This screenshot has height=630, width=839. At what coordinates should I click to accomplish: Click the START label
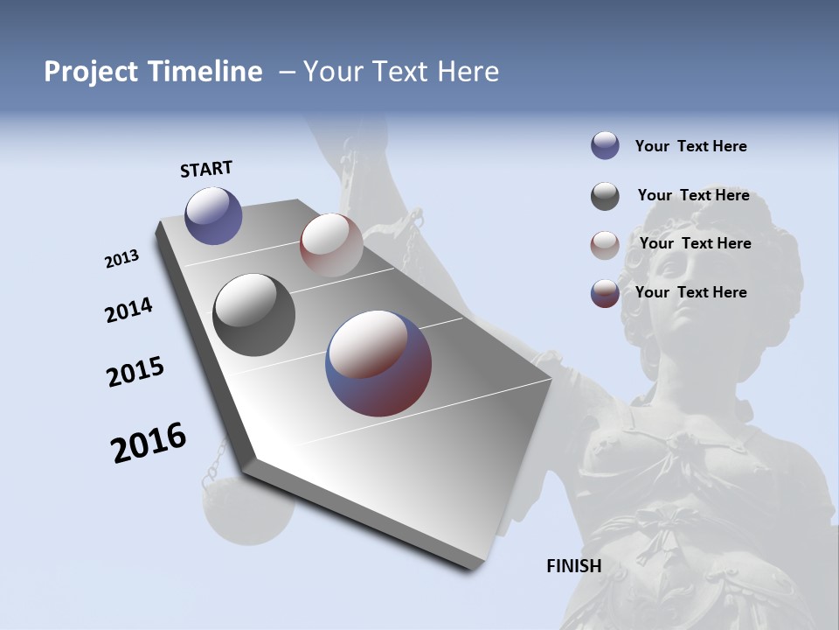tap(206, 169)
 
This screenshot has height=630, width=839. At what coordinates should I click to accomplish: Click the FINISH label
tap(573, 566)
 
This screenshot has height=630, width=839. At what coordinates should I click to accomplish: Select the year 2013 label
tap(121, 259)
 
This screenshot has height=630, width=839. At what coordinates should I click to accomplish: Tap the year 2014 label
tap(128, 311)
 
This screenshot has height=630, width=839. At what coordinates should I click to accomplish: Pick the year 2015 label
tap(135, 372)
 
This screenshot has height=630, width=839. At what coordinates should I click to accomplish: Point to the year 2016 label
tap(149, 443)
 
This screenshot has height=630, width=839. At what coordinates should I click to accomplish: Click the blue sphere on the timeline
tap(213, 215)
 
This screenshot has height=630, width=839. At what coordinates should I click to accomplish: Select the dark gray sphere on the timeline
tap(253, 315)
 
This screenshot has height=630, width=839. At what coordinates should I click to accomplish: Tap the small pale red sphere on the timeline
tap(331, 244)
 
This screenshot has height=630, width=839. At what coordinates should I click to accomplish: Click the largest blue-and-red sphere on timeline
tap(378, 362)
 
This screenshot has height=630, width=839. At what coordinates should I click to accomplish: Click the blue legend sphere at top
tap(605, 146)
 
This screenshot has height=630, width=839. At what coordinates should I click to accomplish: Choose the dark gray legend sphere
tap(605, 196)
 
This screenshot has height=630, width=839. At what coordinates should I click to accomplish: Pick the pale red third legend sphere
tap(605, 245)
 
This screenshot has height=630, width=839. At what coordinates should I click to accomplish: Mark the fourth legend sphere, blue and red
tap(605, 293)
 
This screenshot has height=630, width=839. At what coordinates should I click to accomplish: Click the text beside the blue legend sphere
tap(690, 146)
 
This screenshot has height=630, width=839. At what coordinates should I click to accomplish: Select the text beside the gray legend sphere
tap(693, 195)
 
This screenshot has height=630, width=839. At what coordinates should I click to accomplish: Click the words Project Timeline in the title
tap(153, 72)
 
